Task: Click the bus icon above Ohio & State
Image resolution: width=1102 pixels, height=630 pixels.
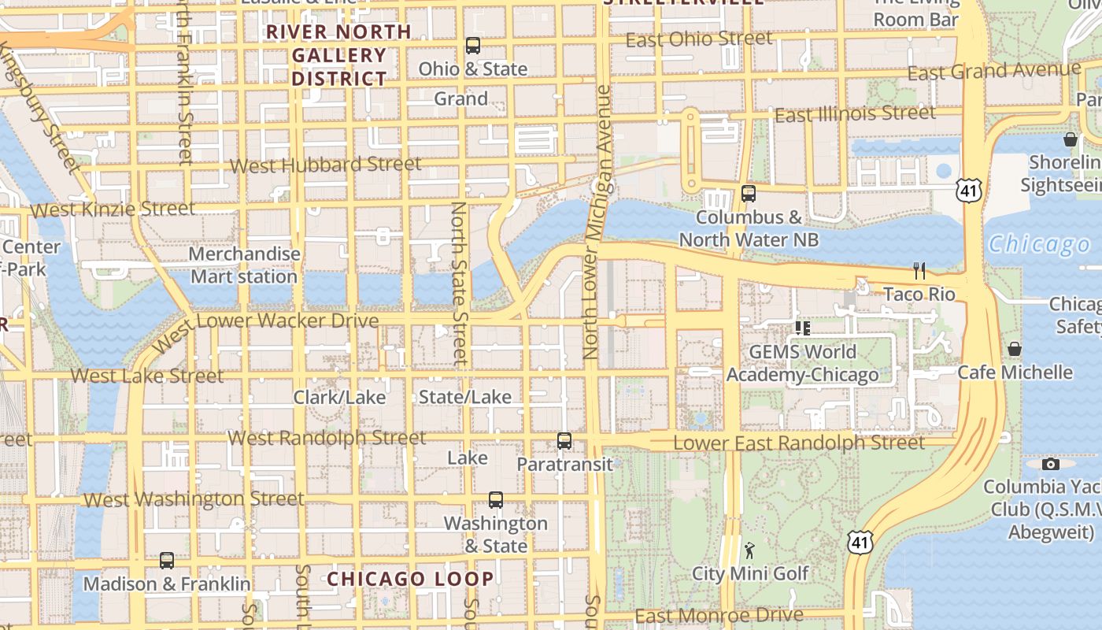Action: point(472,46)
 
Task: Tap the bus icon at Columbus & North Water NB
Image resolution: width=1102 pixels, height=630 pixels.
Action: point(749,193)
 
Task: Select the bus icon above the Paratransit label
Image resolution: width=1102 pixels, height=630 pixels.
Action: point(564,441)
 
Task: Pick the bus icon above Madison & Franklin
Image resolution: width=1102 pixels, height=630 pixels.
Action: point(167,561)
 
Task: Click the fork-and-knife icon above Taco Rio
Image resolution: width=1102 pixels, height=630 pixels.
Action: point(919,271)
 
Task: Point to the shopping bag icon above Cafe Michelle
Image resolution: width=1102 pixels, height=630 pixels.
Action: point(1015,348)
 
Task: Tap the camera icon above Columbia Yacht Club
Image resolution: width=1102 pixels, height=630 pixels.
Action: point(1050,464)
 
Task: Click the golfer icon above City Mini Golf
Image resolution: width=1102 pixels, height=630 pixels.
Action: point(749,550)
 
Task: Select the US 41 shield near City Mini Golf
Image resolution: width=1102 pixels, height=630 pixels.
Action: point(860,541)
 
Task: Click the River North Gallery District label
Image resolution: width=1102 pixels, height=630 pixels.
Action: point(339,55)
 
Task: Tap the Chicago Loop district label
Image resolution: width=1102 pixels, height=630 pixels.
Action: point(411,580)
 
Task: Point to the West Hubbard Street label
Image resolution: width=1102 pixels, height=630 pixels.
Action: point(326,165)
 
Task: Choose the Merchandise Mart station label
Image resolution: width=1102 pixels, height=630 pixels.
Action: point(245,265)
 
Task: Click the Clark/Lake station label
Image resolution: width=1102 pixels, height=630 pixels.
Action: point(339,397)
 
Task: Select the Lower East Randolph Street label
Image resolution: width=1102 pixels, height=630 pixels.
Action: point(799,443)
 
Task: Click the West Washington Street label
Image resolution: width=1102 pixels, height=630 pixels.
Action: point(194,499)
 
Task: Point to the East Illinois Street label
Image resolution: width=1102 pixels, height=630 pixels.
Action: point(855,114)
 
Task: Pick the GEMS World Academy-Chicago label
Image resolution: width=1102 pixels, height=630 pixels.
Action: point(802,363)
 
